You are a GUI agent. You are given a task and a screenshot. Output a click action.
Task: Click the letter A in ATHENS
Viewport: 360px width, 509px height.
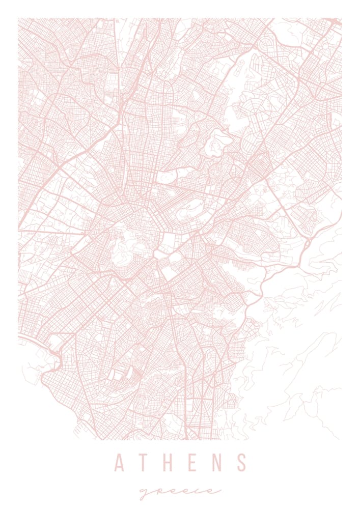point(120,462)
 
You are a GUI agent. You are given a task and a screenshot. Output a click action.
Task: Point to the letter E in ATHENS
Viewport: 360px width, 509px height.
point(194,462)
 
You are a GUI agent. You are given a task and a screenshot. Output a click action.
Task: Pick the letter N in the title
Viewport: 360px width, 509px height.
point(218,462)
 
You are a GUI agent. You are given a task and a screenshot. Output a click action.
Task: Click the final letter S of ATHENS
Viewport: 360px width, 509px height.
point(242,462)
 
